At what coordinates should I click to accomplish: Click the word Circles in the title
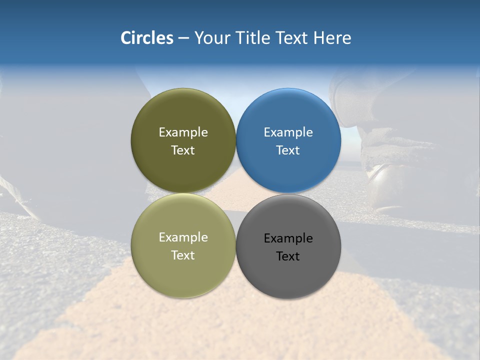147,38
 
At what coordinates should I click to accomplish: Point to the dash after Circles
183,38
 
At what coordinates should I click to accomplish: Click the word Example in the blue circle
288,132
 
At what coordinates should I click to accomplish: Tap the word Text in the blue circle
288,150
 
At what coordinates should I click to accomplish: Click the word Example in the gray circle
288,238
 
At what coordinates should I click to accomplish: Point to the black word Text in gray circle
288,256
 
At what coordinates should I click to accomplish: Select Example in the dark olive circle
183,132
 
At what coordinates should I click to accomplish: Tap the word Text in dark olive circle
183,150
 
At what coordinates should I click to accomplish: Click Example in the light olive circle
183,237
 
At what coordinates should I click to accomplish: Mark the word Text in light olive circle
183,255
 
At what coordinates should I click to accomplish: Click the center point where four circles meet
235,193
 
